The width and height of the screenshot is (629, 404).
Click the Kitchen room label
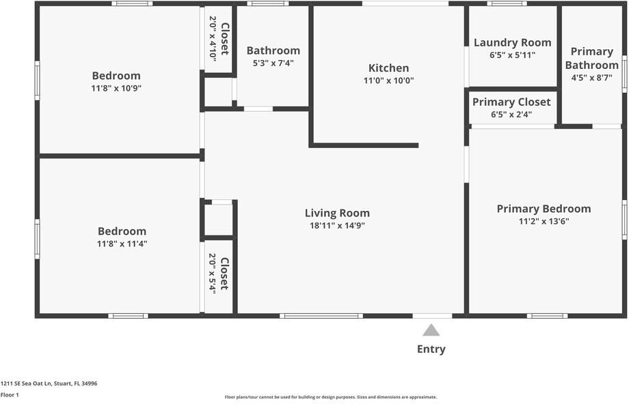[388, 68]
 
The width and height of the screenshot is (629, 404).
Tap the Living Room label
[337, 213]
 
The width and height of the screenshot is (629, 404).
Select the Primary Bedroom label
[544, 209]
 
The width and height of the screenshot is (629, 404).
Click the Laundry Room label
[512, 43]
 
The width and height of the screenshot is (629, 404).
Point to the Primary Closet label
[511, 102]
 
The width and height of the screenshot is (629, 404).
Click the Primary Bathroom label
[591, 58]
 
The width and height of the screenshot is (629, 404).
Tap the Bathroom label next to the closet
[273, 50]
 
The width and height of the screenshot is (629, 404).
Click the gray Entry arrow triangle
[431, 330]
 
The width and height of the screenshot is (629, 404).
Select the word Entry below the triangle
[431, 349]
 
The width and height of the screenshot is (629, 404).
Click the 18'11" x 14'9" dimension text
[337, 226]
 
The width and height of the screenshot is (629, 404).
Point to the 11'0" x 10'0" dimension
[388, 81]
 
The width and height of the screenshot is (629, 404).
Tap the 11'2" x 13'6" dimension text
[544, 221]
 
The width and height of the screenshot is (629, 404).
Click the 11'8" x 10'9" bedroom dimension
[116, 88]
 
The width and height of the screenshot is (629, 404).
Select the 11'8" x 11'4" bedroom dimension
[122, 244]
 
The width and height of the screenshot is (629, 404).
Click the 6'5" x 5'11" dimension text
[512, 55]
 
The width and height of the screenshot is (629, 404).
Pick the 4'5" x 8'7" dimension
[591, 78]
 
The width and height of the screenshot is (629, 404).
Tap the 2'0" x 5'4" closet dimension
[213, 274]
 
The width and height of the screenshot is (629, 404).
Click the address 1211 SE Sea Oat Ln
[49, 384]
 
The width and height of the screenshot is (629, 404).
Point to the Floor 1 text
[10, 394]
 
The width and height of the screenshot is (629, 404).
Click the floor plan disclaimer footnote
[331, 396]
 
